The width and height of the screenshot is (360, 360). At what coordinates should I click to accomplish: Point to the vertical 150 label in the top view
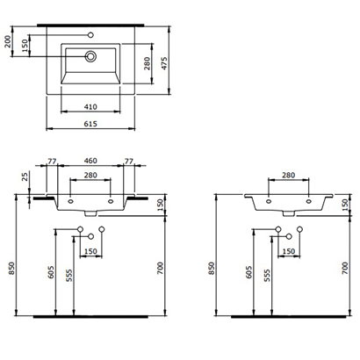25,44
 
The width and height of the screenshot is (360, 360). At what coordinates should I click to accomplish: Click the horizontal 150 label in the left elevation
90,252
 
